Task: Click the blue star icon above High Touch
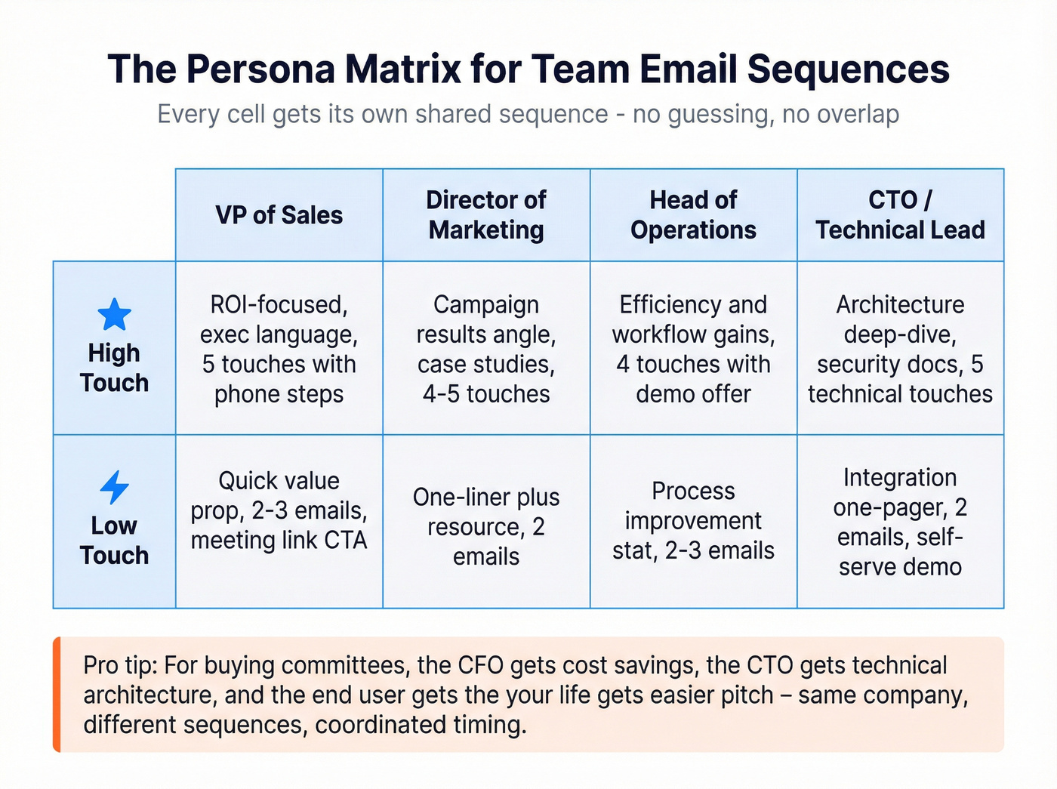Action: point(115,315)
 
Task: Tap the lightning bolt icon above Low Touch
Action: point(115,487)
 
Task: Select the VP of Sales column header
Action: point(279,215)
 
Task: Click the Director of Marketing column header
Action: point(486,215)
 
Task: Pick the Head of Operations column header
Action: point(693,215)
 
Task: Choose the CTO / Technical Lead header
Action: point(900,215)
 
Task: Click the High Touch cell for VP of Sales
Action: point(279,349)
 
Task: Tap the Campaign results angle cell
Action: point(486,349)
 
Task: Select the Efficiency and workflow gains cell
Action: point(693,349)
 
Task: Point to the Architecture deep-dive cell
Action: point(900,349)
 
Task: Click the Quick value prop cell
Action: point(279,511)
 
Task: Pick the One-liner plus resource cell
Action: point(486,526)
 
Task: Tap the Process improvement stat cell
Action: point(693,521)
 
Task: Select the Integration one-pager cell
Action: point(900,522)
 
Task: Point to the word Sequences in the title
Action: point(848,69)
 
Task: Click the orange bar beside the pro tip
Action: point(57,695)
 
